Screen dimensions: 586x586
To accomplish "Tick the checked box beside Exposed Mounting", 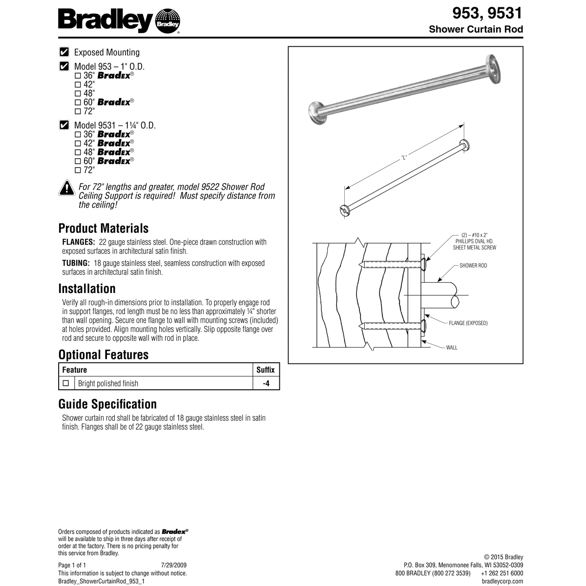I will pyautogui.click(x=63, y=52).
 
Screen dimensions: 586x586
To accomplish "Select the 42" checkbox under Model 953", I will pyautogui.click(x=78, y=84).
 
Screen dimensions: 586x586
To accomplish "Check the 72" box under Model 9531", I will pyautogui.click(x=78, y=170).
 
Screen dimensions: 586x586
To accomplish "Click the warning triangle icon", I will pyautogui.click(x=66, y=188).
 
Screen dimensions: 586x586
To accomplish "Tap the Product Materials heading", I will pyautogui.click(x=103, y=228).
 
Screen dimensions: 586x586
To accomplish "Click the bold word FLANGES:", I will pyautogui.click(x=78, y=242).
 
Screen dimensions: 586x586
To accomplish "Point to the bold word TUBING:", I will pyautogui.click(x=76, y=263).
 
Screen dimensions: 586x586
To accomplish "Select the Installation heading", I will pyautogui.click(x=87, y=288).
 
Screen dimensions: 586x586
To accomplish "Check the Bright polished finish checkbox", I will pyautogui.click(x=66, y=383).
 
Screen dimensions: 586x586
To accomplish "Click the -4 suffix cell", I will pyautogui.click(x=266, y=383).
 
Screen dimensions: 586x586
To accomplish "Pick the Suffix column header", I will pyautogui.click(x=266, y=370).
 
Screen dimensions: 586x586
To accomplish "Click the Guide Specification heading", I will pyautogui.click(x=107, y=404).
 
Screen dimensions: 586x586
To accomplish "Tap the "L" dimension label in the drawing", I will pyautogui.click(x=404, y=158).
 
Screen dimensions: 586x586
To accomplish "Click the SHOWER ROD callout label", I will pyautogui.click(x=473, y=266).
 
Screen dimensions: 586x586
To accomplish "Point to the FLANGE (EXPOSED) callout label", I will pyautogui.click(x=468, y=323).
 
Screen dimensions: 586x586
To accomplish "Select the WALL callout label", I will pyautogui.click(x=452, y=348).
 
